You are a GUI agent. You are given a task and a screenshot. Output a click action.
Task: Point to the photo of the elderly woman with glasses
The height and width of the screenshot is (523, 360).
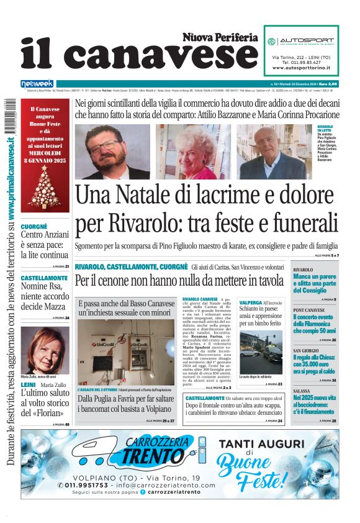click(x=195, y=151)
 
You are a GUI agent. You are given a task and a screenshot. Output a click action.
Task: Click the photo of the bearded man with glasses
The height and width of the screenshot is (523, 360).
click(x=112, y=152)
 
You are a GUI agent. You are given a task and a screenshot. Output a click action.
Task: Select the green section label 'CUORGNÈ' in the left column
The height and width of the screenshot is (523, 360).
click(x=35, y=227)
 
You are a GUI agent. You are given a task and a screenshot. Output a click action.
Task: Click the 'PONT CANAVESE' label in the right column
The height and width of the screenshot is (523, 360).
click(x=308, y=310)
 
